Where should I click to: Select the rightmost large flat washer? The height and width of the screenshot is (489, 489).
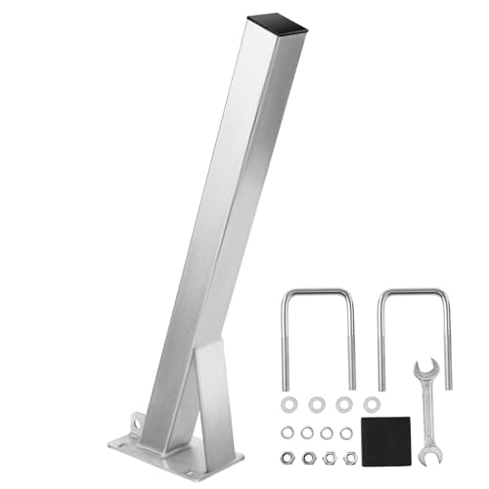371,404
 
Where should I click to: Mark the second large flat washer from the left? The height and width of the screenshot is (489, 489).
317,404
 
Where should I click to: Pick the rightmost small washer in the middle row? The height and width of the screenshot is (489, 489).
346,432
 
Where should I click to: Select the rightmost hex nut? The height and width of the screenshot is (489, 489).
349,458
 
